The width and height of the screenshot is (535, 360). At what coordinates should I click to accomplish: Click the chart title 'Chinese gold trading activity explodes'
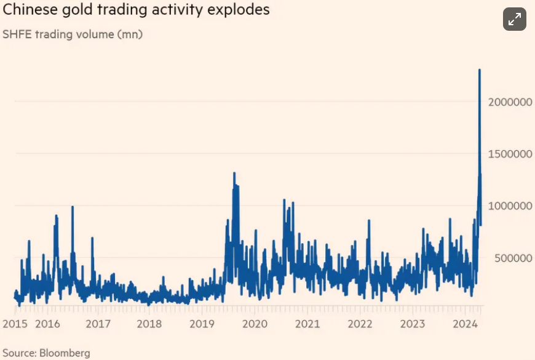pyautogui.click(x=137, y=11)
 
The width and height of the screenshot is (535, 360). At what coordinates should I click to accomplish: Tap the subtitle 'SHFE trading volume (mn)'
pyautogui.click(x=73, y=35)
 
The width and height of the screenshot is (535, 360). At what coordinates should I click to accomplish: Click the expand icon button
pyautogui.click(x=514, y=20)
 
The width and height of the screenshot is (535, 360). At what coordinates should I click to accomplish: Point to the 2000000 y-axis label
pyautogui.click(x=510, y=102)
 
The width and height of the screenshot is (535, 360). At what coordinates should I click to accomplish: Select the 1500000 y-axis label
pyautogui.click(x=510, y=154)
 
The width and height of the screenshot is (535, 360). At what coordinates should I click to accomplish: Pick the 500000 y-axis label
pyautogui.click(x=512, y=258)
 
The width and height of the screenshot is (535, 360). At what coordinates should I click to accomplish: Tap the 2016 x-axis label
pyautogui.click(x=47, y=324)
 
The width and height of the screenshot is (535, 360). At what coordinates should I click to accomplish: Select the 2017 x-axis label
pyautogui.click(x=98, y=324)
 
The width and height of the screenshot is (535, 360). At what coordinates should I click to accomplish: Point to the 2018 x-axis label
pyautogui.click(x=150, y=324)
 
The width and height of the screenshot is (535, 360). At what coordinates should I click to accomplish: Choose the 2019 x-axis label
pyautogui.click(x=202, y=324)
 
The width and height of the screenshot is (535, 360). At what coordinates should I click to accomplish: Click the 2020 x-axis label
pyautogui.click(x=255, y=324)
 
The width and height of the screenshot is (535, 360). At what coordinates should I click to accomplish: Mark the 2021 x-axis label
pyautogui.click(x=307, y=324)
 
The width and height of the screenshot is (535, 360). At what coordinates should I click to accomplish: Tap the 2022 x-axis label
pyautogui.click(x=359, y=324)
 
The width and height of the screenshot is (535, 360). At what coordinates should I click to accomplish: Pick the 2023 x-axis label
pyautogui.click(x=411, y=324)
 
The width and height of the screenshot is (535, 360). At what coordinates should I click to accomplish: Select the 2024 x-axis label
pyautogui.click(x=464, y=324)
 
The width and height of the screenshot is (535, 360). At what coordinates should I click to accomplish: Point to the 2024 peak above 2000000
pyautogui.click(x=480, y=71)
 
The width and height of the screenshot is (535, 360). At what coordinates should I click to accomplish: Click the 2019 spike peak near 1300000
pyautogui.click(x=234, y=174)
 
